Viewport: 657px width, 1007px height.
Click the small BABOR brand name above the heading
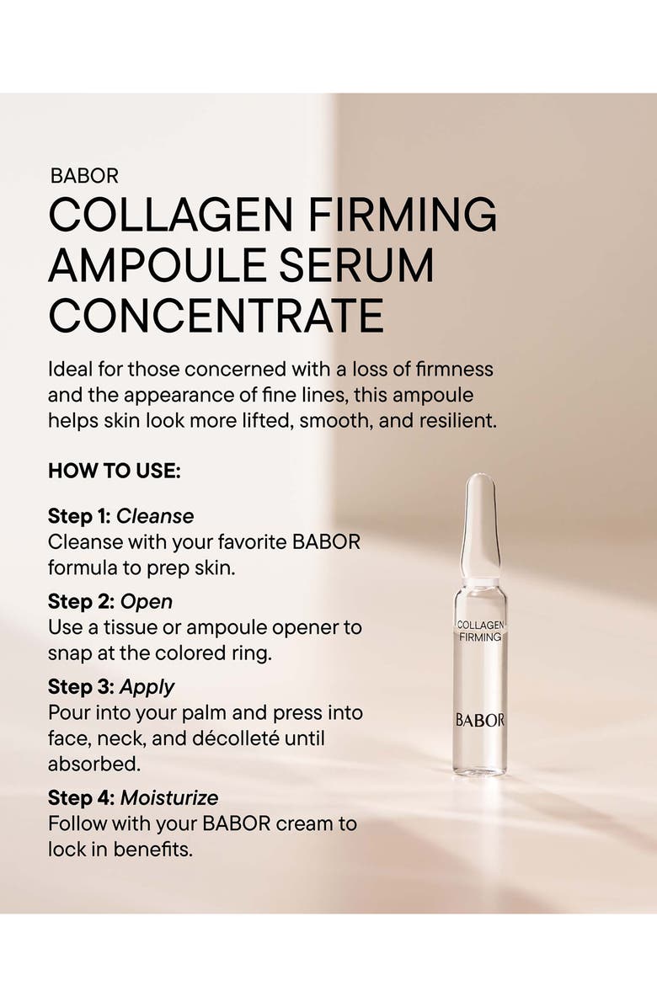(x=84, y=176)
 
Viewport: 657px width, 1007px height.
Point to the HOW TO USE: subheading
(x=114, y=472)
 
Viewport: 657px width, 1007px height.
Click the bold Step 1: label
(x=79, y=516)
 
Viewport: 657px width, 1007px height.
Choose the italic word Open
(x=146, y=601)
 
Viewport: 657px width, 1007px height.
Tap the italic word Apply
(x=147, y=687)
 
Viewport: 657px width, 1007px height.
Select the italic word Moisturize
(x=169, y=797)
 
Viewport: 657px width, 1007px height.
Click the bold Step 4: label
(x=81, y=797)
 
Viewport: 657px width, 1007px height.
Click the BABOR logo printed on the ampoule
(x=480, y=720)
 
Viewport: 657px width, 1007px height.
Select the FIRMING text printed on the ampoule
(x=480, y=637)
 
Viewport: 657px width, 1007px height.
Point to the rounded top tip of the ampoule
(x=480, y=484)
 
